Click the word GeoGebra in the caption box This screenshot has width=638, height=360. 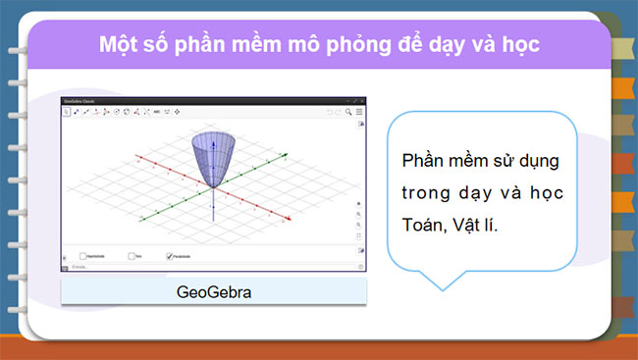(213, 292)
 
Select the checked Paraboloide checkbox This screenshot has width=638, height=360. (170, 256)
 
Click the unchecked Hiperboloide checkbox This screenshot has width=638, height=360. (83, 256)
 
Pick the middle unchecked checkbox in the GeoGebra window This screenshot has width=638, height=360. (132, 256)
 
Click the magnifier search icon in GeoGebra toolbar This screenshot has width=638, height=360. (347, 113)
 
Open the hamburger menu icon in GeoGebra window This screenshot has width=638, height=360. (359, 113)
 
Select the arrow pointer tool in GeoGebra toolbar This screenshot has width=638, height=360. (68, 113)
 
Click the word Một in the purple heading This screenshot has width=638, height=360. (119, 45)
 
